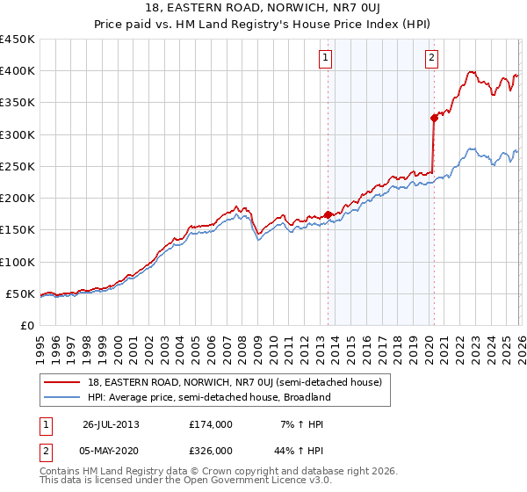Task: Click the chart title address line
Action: coord(263,10)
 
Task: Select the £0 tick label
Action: coord(26,326)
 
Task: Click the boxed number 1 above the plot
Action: coord(325,59)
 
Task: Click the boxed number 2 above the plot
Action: coord(432,59)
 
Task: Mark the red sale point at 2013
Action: coord(328,213)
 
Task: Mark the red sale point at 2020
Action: coord(434,118)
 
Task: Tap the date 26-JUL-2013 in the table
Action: coord(111,424)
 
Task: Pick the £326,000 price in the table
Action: coord(211,450)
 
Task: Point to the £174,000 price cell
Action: coord(211,424)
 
